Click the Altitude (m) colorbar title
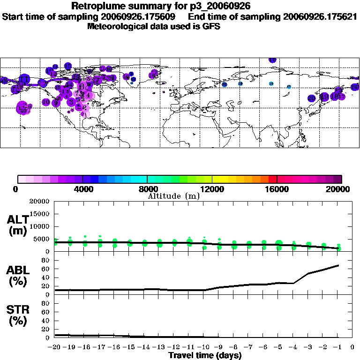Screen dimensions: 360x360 pos(173,196)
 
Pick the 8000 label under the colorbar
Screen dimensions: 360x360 pos(147,189)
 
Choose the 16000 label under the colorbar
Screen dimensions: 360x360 pos(277,189)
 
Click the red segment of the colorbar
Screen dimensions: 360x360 pos(273,179)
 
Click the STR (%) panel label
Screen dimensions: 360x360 pos(18,315)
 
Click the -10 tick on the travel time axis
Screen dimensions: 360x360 pos(204,347)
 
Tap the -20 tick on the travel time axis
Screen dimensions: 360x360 pos(55,347)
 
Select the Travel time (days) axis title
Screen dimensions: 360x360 pos(205,356)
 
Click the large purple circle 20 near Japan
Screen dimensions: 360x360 pos(312,98)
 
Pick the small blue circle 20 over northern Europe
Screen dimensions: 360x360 pos(225,84)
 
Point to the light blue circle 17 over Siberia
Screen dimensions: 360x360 pos(289,87)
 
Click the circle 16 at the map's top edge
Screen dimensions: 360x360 pos(272,60)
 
